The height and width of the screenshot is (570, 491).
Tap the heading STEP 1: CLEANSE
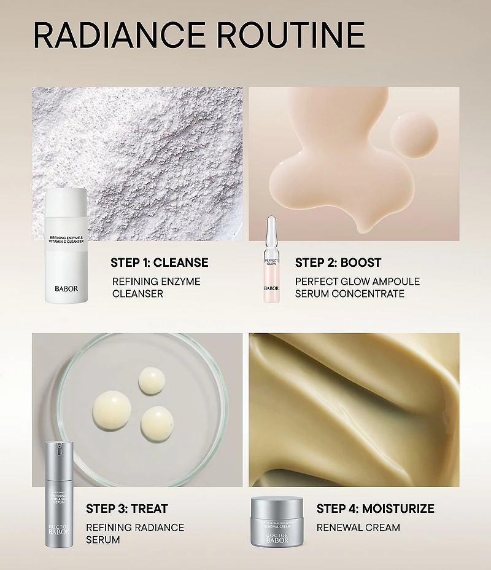(x=160, y=263)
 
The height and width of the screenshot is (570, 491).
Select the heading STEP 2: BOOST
(x=338, y=263)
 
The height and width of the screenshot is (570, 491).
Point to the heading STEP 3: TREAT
(x=127, y=509)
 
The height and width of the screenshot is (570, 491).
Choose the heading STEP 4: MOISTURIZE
(x=375, y=509)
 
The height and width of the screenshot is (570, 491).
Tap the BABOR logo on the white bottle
(x=66, y=288)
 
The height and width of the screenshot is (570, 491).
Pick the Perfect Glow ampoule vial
(x=271, y=261)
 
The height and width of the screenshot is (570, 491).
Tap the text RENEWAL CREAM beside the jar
(x=358, y=528)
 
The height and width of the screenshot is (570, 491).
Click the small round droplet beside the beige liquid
(x=414, y=133)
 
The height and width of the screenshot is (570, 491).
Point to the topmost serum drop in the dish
(x=150, y=381)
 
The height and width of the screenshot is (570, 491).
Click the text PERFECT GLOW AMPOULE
(x=357, y=282)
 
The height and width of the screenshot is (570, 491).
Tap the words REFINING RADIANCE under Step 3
(x=135, y=528)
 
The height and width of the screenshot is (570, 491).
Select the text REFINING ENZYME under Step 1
(x=156, y=282)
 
